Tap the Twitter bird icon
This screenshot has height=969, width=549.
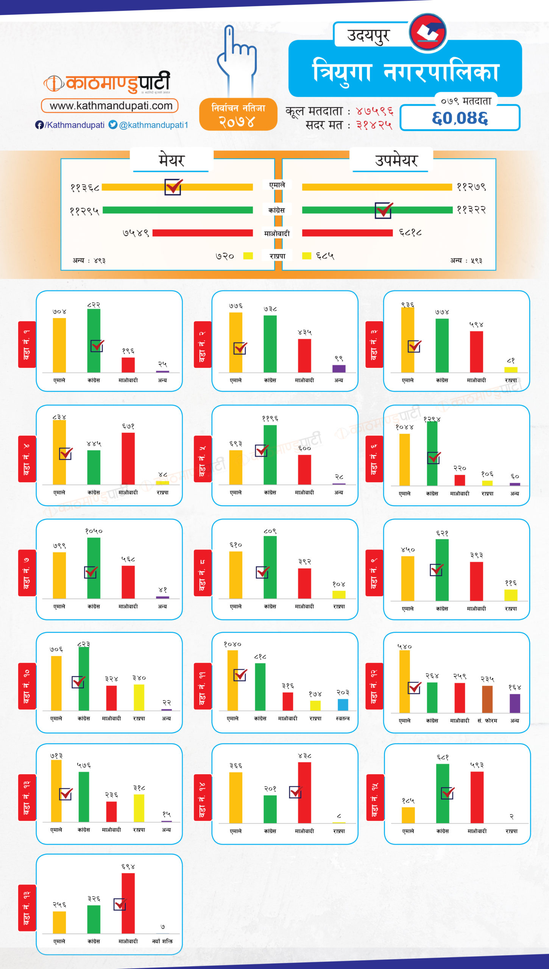pos(113,125)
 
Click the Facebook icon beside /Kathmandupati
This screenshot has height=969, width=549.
pos(39,125)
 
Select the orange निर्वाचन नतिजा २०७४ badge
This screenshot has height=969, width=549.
pos(238,114)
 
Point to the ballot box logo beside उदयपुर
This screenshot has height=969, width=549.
pos(428,33)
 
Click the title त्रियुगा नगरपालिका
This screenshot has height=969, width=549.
pos(405,71)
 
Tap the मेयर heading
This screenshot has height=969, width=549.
pos(171,160)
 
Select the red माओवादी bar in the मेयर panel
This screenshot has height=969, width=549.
pos(203,233)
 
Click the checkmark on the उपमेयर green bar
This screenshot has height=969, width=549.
pos(384,210)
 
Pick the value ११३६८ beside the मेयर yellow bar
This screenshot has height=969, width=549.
pos(85,187)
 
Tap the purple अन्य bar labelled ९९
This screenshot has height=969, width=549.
pos(339,369)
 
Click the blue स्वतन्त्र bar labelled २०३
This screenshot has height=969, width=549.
pos(343,705)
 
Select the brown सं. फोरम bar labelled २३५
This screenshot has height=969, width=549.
pos(487,699)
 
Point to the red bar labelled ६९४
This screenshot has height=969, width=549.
pos(128,903)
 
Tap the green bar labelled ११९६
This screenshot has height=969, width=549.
pos(270,454)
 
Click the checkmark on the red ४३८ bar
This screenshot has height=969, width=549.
pos(295,792)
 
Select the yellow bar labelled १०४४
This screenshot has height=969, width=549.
pos(404,459)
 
